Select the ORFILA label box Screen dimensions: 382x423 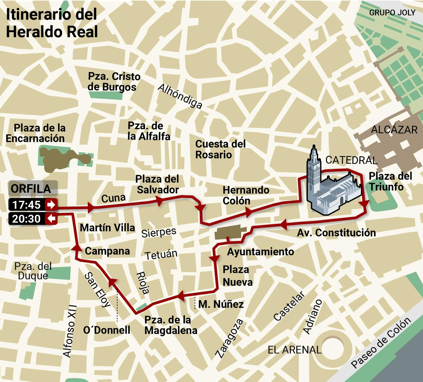point(33,188)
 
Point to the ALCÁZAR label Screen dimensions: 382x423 point(394,130)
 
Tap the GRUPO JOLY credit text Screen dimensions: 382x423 point(392,13)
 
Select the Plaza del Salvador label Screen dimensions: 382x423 point(158,184)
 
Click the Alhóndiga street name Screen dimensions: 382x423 point(180,96)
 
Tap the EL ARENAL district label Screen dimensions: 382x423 point(294,350)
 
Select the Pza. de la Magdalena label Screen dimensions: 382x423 point(171,325)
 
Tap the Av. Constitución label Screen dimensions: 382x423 point(336,233)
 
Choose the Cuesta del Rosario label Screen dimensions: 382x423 point(220,149)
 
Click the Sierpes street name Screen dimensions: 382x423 point(159,232)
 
